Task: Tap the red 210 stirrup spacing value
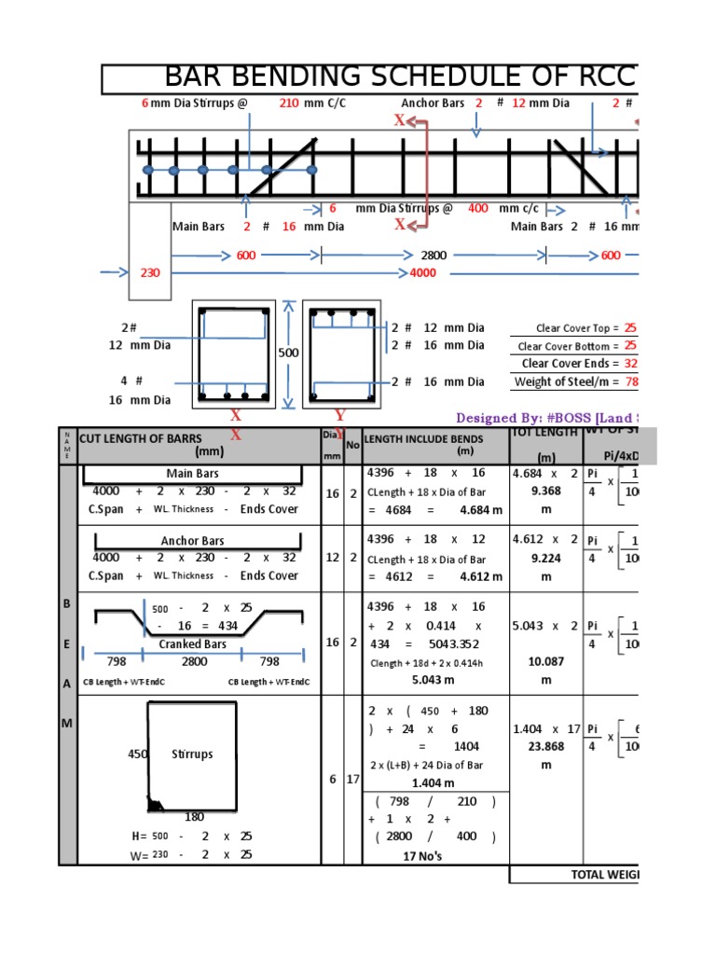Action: [x=289, y=104]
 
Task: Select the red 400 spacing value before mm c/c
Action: [x=478, y=209]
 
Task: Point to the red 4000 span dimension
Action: [x=423, y=273]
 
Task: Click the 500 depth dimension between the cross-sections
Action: [x=289, y=353]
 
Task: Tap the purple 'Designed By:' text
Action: [x=495, y=418]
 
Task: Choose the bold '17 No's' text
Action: [x=422, y=856]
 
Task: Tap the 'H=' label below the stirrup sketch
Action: [x=141, y=837]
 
